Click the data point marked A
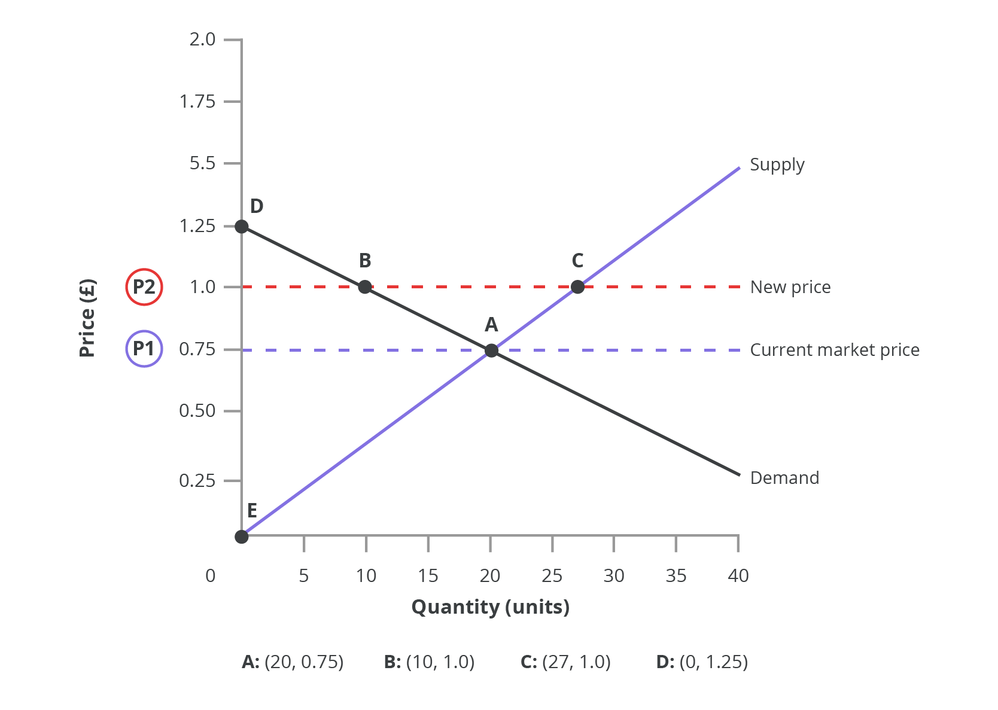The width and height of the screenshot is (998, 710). coord(491,350)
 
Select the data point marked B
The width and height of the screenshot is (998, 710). coord(365,287)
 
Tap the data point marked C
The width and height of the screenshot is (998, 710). coord(577,287)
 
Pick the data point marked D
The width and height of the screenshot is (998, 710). coord(242,226)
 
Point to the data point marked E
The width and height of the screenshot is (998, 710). coord(242,537)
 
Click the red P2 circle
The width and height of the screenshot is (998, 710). coord(144,287)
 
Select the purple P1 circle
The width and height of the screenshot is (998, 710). coord(144,349)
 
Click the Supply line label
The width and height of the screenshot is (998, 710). coord(777,165)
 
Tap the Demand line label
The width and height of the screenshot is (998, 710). coord(784,478)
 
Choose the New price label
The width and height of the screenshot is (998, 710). coord(790,288)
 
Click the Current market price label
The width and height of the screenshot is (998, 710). coord(835,350)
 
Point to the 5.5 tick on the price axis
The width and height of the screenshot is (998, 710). coord(202,163)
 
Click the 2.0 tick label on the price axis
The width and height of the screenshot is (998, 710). coord(202,39)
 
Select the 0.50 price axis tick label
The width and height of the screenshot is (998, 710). coord(197,411)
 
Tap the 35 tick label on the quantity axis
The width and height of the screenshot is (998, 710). coord(676,576)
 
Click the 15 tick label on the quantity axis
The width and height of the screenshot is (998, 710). coord(428,576)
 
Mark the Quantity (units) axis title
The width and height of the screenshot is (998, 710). coord(491,607)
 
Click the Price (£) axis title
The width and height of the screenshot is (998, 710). coord(87,318)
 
